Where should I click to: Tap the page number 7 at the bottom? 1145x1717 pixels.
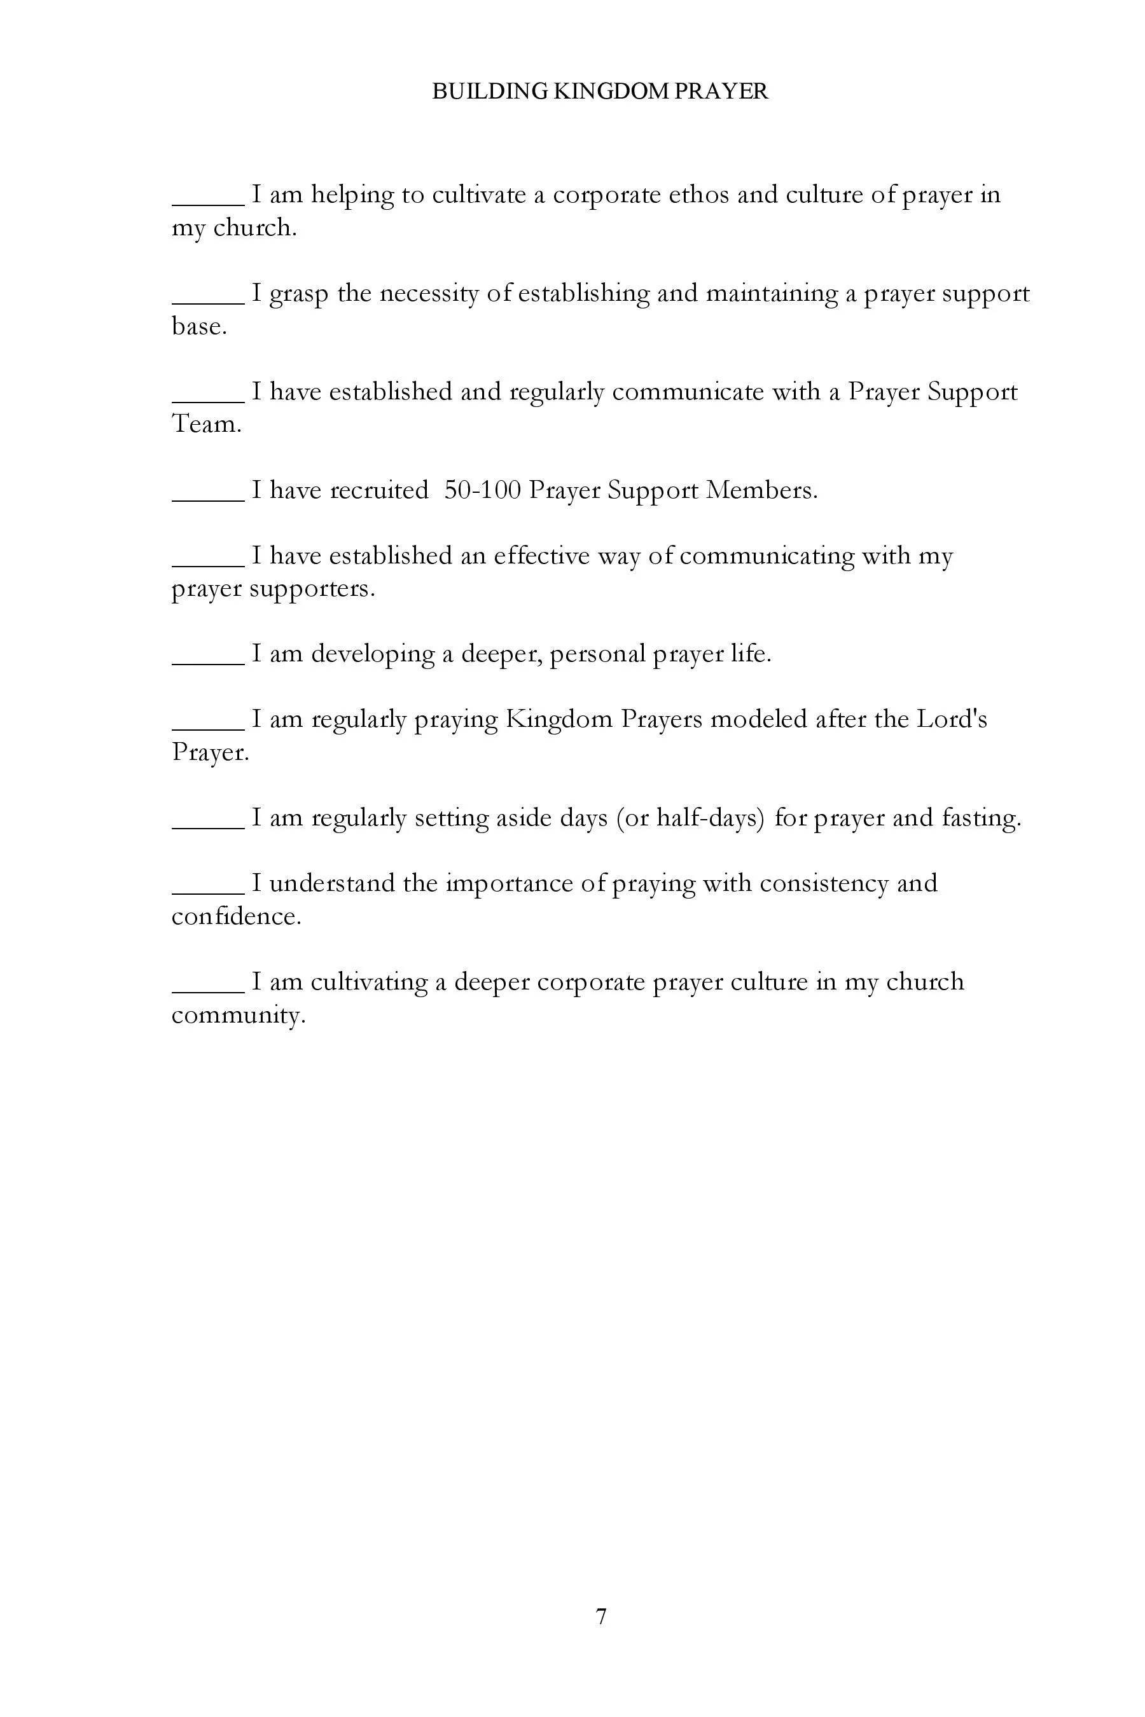tap(601, 1617)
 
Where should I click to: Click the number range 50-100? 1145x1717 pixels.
tap(482, 490)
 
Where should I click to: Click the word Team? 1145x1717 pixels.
tap(206, 424)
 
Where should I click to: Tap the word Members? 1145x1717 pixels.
tap(761, 490)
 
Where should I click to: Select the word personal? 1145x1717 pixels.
tap(597, 654)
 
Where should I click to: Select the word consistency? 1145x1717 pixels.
tap(823, 883)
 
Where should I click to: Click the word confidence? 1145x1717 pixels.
tap(236, 916)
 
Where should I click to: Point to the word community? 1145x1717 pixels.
tap(238, 1015)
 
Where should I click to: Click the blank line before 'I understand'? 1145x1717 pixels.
tap(208, 892)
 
